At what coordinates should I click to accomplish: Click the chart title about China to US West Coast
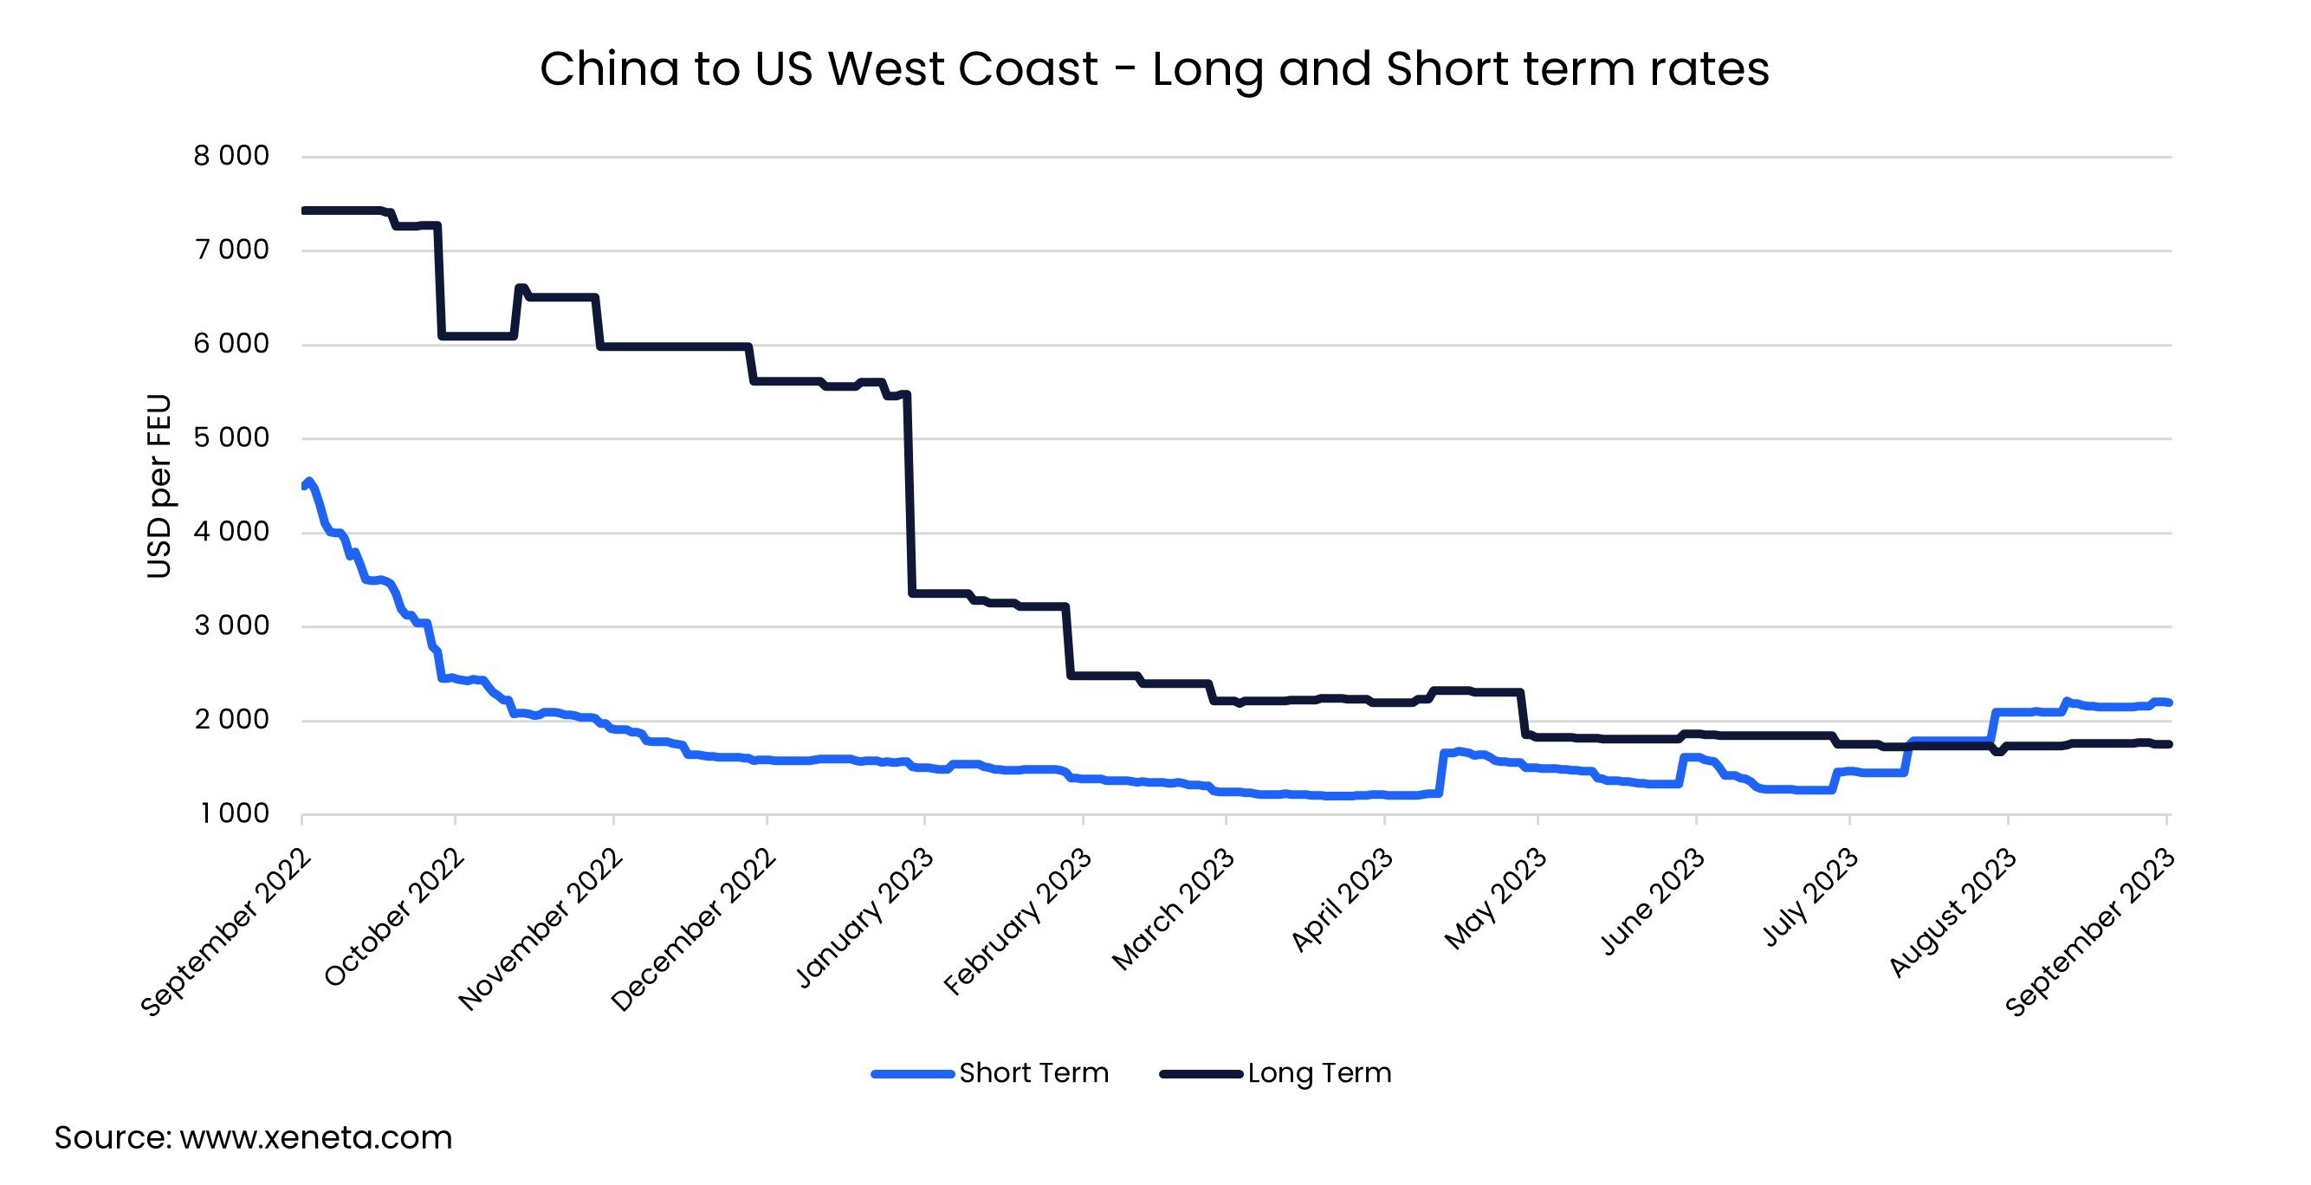pos(1154,69)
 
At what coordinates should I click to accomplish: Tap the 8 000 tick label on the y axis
pos(230,156)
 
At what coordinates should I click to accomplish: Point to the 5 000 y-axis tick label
pos(230,437)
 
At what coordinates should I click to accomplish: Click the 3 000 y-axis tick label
pos(230,625)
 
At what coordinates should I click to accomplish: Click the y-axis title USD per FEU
pos(159,485)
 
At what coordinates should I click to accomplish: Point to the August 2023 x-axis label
pos(1954,912)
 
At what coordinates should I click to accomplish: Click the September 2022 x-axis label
pos(226,933)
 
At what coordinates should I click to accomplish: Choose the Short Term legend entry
pos(990,1073)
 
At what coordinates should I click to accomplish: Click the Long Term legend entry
pos(1276,1073)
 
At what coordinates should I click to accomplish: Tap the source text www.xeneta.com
pos(253,1137)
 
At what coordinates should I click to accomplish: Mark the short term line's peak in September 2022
pos(309,482)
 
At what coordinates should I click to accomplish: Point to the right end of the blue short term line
pos(2168,703)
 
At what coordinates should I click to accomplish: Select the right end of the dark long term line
pos(2168,743)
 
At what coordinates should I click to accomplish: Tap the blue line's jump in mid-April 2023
pos(1441,772)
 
